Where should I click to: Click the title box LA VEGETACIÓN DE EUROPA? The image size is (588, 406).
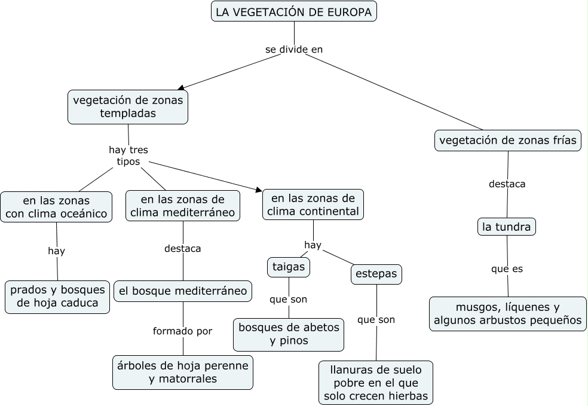coord(294,11)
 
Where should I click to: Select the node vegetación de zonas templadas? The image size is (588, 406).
coord(128,106)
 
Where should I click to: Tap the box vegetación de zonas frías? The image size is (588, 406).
coord(507,141)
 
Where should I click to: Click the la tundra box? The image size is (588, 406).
coord(507,227)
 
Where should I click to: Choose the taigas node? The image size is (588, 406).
coord(289,267)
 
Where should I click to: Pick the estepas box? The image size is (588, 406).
coord(376,274)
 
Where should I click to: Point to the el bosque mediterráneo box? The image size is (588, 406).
coord(183,291)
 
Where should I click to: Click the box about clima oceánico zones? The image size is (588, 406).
coord(56,207)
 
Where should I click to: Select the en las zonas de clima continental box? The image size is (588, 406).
coord(313,204)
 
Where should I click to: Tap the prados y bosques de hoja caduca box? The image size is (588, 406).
coord(57,297)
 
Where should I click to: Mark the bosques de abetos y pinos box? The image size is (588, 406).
coord(289,334)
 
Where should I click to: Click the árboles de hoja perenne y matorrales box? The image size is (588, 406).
coord(183,372)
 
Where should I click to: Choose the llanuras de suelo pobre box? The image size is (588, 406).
coord(376,383)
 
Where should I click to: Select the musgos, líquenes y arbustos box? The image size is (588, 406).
coord(507,314)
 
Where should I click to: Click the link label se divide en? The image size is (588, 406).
coord(293,50)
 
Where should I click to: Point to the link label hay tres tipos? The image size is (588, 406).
coord(128,156)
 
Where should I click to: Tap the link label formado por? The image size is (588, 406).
coord(182,331)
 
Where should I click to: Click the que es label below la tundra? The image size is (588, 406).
coord(507,269)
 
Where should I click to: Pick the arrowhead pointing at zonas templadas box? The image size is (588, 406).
coord(181,88)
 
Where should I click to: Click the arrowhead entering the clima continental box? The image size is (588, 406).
coord(259,190)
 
